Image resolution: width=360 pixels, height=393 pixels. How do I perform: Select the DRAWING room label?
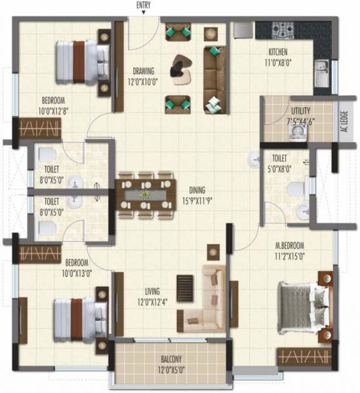pyautogui.click(x=143, y=71)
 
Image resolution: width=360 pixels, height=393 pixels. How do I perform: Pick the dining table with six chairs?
pyautogui.click(x=144, y=195)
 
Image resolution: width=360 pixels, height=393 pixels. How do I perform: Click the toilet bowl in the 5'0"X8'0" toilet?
pyautogui.click(x=295, y=190)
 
